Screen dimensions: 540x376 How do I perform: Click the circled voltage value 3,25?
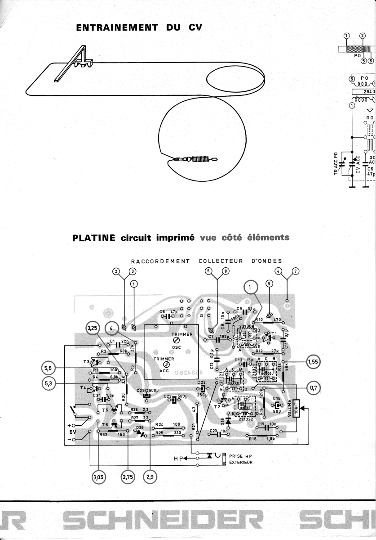pos(93,329)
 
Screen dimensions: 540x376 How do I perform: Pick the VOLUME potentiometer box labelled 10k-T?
pos(295,409)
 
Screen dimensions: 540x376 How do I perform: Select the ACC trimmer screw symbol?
pos(167,364)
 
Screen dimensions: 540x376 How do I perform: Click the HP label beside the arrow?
pos(179,458)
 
